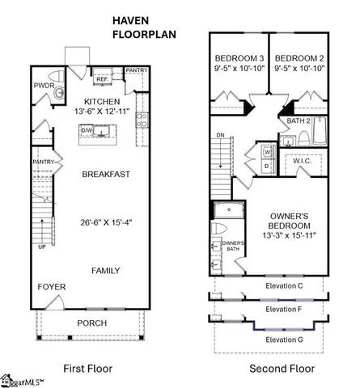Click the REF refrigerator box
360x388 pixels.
[x=103, y=79]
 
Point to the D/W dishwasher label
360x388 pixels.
[x=87, y=128]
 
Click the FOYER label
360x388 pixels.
[x=51, y=287]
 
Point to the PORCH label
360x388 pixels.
[x=91, y=323]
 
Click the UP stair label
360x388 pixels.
[x=42, y=247]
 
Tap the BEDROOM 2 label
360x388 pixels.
[x=299, y=59]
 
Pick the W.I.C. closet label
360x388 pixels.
[x=303, y=160]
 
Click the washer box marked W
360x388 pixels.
[x=267, y=150]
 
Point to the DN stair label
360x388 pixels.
[x=220, y=135]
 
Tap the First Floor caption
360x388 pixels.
[x=91, y=368]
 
